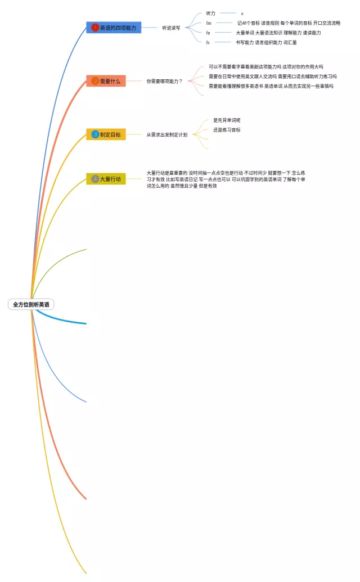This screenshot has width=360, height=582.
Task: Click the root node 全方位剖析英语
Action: pos(31,304)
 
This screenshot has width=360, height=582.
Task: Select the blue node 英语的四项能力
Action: pos(114,28)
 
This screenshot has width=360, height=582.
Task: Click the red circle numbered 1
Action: pos(95,28)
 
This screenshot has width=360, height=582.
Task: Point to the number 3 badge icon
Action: pos(95,134)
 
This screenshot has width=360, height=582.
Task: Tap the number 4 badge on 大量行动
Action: pos(95,179)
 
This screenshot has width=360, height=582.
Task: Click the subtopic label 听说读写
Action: pos(171,28)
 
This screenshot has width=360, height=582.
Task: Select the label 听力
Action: pos(210,13)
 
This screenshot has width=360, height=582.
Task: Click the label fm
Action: pos(209,23)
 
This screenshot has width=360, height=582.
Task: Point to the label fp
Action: pos(208,33)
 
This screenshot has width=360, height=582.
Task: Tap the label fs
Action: pos(208,42)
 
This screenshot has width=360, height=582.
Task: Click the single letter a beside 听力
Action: pos(242,13)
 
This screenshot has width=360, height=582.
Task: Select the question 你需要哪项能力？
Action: pos(164,81)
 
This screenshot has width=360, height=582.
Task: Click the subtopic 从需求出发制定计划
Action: pos(167,134)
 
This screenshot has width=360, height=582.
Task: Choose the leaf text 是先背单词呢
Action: pos(227,120)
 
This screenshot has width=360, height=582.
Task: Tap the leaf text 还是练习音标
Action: pos(227,130)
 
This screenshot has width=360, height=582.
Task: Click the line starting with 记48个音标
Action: pos(289,23)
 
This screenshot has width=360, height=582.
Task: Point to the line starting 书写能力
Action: pos(266,42)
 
